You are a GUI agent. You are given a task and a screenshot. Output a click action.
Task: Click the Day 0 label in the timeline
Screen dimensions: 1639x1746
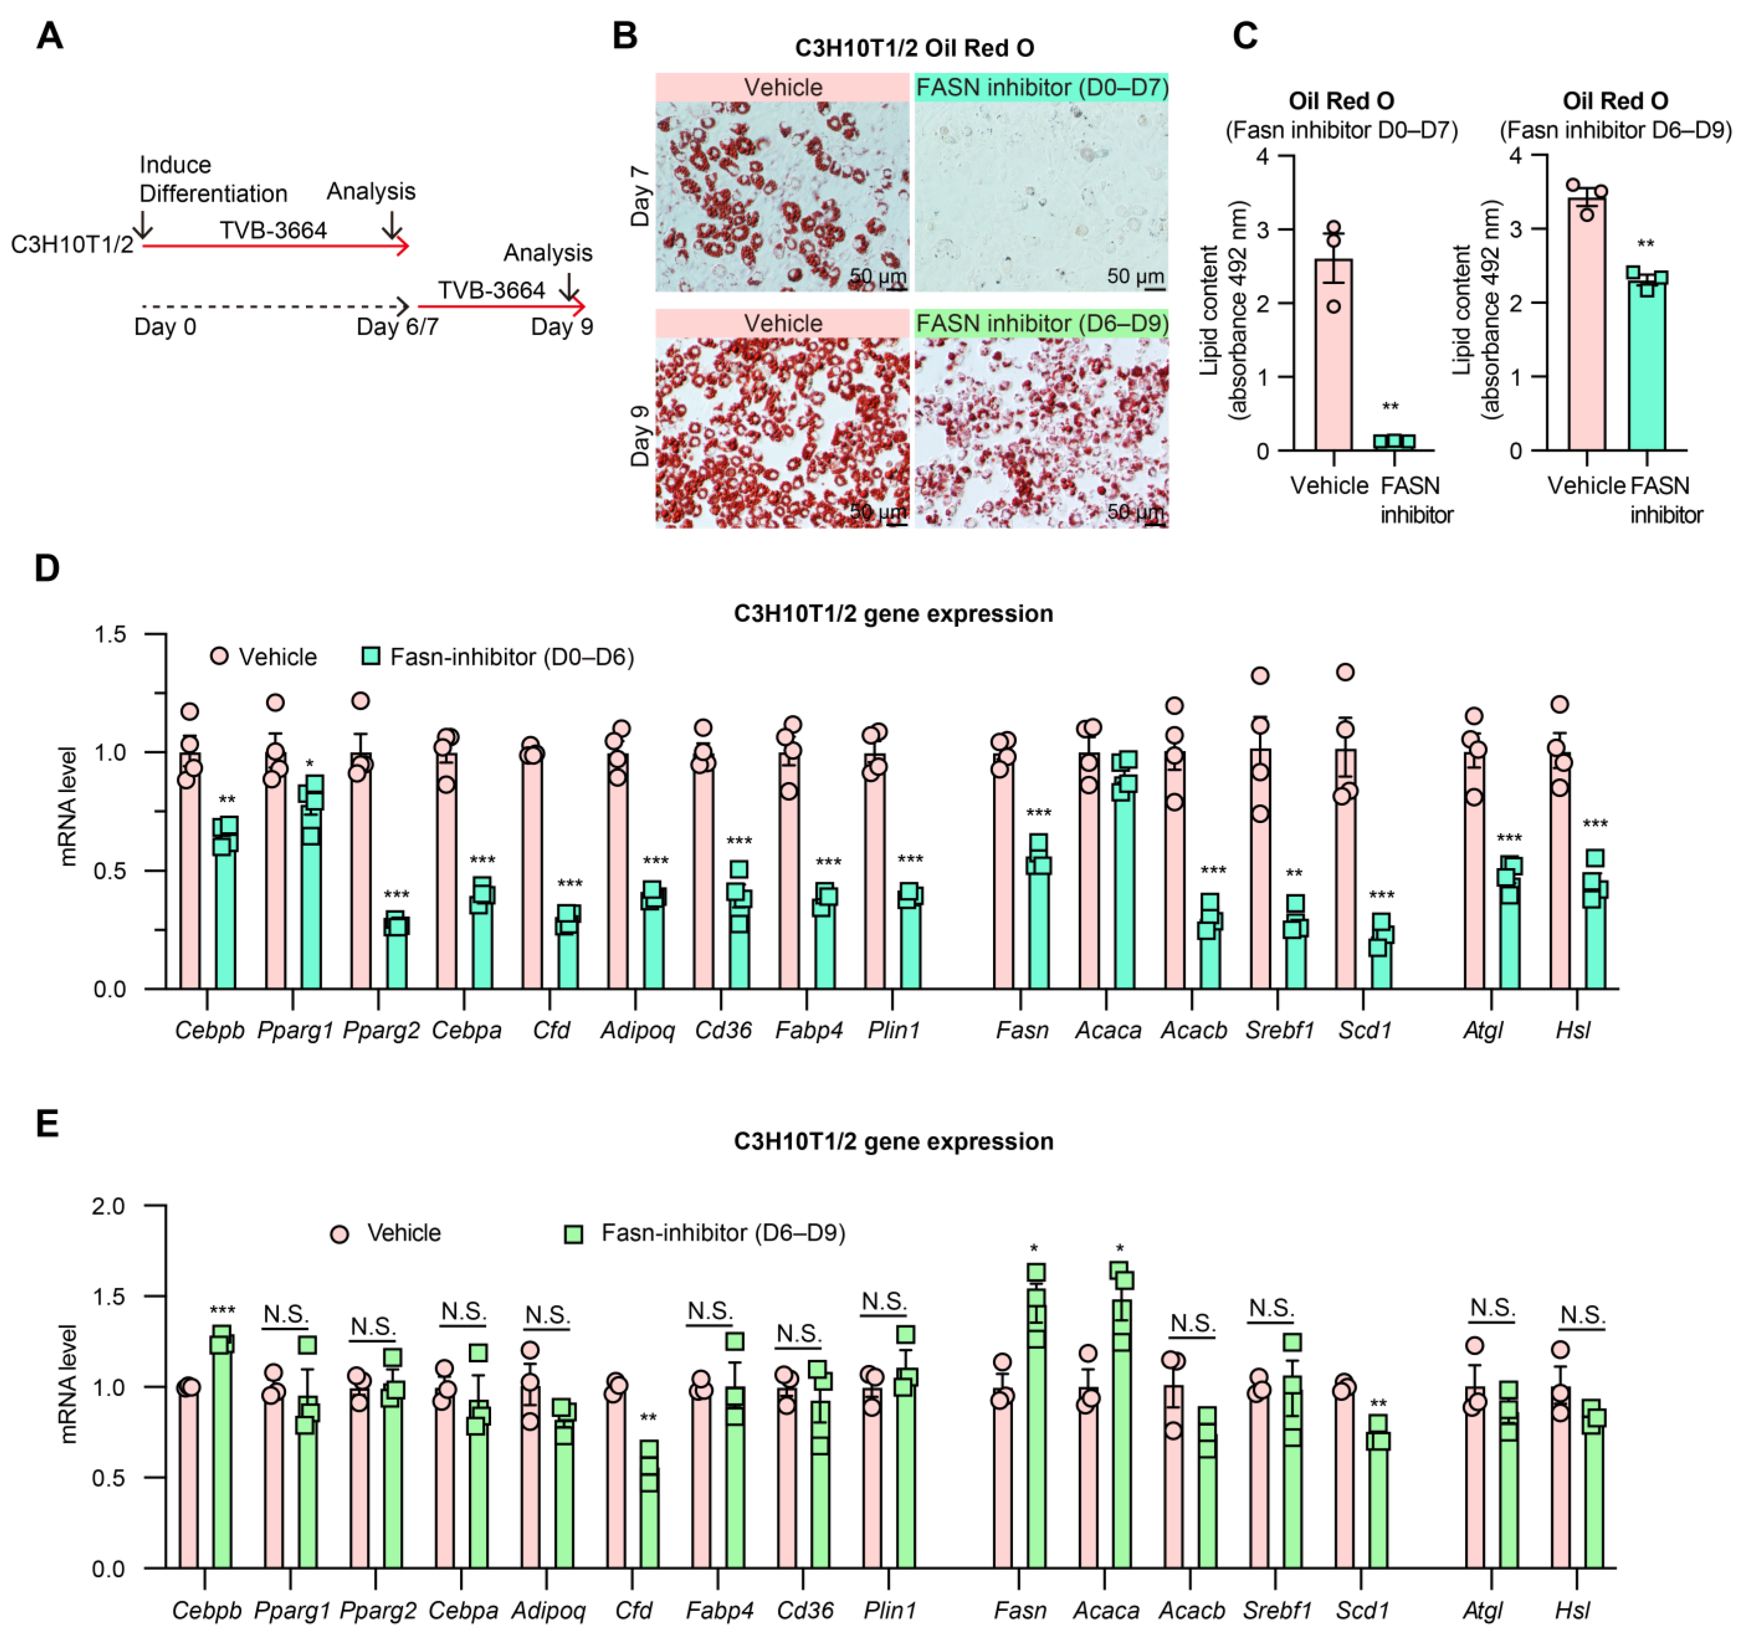coord(165,327)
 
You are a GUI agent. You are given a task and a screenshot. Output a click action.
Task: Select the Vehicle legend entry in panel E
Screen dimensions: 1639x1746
coord(386,1233)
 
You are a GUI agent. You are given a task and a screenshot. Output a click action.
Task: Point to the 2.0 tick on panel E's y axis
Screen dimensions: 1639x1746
coord(109,1206)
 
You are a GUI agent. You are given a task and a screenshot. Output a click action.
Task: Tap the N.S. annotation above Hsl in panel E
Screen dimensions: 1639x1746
coord(1582,1316)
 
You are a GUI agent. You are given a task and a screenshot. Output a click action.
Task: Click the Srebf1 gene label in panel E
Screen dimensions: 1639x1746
coord(1276,1611)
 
